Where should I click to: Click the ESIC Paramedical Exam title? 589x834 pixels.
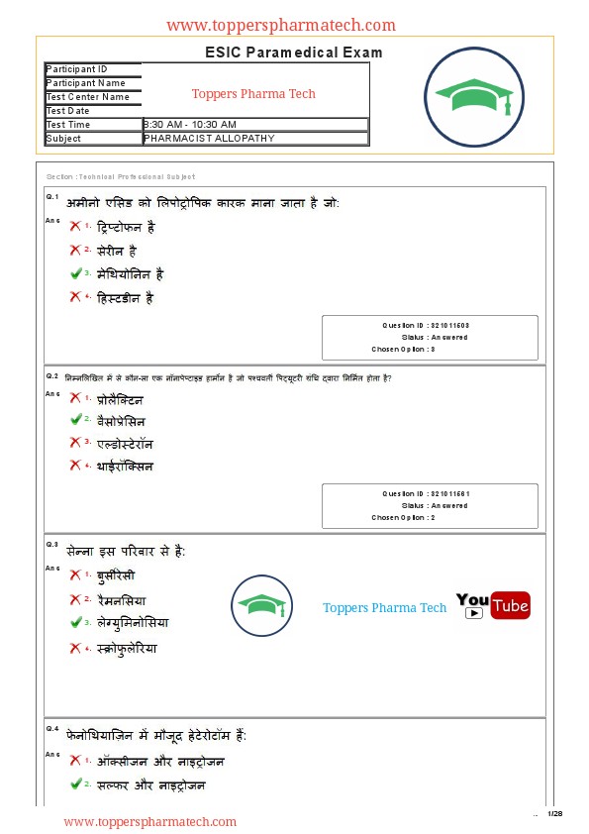coord(294,52)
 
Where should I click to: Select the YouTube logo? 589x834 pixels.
coord(493,605)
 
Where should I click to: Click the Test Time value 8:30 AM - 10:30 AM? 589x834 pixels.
coord(190,125)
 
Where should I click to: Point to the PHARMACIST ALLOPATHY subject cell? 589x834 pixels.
coord(209,139)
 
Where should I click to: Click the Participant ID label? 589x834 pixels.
coord(76,69)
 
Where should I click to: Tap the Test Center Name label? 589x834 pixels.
coord(88,97)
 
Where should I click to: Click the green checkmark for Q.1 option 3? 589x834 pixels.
coord(75,273)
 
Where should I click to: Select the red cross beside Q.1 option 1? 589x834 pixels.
coord(75,227)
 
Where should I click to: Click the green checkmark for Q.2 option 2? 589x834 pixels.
coord(75,421)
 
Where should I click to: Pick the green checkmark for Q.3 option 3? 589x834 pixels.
coord(75,623)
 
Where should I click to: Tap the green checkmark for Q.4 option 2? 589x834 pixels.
coord(75,784)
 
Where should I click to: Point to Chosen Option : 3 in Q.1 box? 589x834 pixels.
coord(404,350)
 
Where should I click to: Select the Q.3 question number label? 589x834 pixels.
coord(51,545)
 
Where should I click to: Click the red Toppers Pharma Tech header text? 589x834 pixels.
coord(253,94)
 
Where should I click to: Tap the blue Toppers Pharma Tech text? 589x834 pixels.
coord(385,608)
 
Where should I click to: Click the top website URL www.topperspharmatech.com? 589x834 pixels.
coord(281,26)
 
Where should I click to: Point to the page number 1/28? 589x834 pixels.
coord(555,813)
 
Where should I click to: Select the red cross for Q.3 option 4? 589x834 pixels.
coord(75,649)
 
